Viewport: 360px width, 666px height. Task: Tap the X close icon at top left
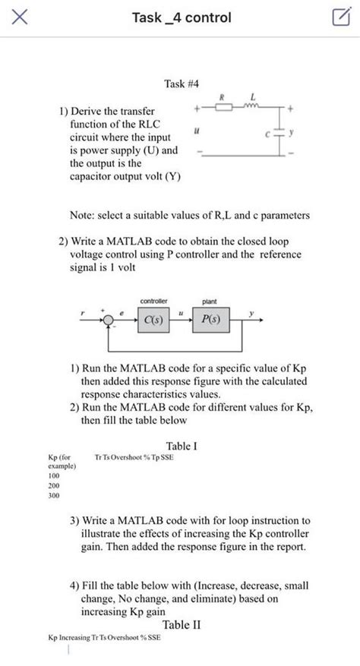click(x=21, y=17)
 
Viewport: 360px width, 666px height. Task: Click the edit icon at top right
click(x=339, y=17)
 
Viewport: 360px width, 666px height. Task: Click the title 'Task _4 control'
click(x=182, y=17)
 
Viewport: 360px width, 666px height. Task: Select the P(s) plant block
click(x=207, y=320)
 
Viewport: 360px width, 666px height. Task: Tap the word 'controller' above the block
click(x=153, y=301)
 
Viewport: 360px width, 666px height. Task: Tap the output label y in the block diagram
click(x=260, y=311)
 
